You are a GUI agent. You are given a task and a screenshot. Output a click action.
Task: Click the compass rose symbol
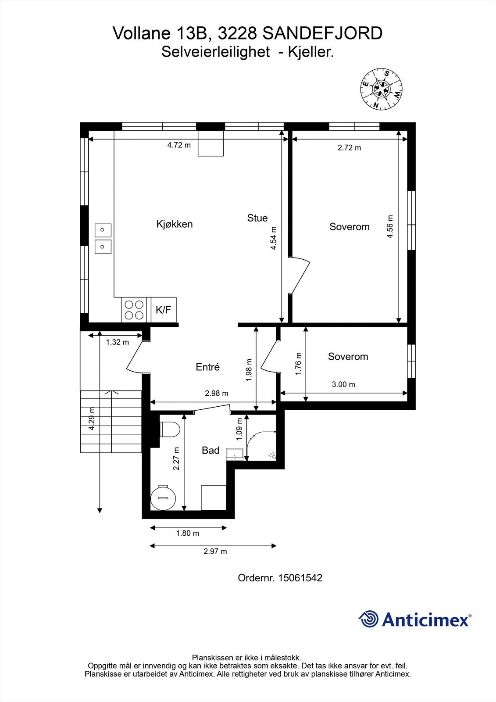click(x=381, y=89)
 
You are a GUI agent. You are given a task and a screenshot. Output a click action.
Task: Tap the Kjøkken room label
click(x=175, y=224)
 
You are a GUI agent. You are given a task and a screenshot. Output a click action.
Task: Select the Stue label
click(x=257, y=218)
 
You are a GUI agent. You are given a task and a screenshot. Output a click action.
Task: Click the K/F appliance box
click(x=164, y=310)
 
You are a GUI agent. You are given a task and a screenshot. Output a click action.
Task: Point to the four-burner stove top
click(x=134, y=309)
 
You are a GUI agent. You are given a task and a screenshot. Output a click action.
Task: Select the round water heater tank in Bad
click(x=163, y=498)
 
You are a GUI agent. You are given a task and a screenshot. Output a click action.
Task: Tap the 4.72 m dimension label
click(x=179, y=145)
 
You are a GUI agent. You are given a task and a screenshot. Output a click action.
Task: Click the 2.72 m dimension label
click(x=349, y=148)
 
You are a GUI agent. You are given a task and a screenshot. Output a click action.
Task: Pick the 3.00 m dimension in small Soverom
click(x=343, y=385)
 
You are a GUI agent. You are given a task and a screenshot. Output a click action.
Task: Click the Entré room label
click(x=207, y=367)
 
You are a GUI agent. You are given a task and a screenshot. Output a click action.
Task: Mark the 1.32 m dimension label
click(x=117, y=342)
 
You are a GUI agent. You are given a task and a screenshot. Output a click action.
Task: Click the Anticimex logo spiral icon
click(x=368, y=619)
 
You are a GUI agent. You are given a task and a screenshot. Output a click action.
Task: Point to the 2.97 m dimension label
click(x=215, y=552)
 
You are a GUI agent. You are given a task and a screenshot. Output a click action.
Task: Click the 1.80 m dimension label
click(x=187, y=534)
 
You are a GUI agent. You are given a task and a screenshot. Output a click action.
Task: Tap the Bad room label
click(x=211, y=450)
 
